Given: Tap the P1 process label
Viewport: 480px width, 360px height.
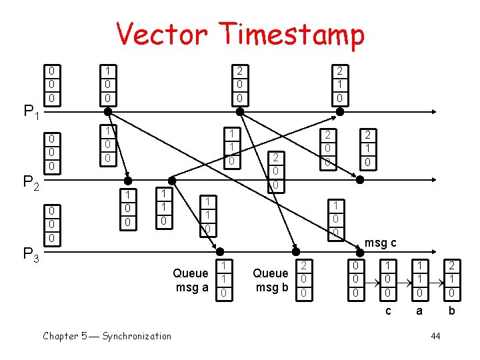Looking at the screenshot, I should click(x=31, y=111).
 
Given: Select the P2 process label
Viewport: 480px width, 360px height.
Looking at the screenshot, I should click(x=31, y=182).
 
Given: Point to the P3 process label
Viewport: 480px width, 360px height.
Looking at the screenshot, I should click(x=31, y=253).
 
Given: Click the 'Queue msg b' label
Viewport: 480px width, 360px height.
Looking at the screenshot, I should click(x=271, y=280).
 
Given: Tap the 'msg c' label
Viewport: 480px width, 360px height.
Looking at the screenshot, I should click(x=381, y=243).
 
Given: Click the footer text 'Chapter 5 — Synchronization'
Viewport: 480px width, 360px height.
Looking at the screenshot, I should click(x=107, y=336).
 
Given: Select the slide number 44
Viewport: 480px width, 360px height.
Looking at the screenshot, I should click(x=435, y=336).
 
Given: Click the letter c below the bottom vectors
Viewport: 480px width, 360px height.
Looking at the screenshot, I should click(x=388, y=310).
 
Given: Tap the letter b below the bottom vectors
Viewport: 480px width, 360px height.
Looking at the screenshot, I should click(x=452, y=310).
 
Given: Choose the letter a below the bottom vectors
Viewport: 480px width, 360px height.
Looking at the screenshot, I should click(x=419, y=310).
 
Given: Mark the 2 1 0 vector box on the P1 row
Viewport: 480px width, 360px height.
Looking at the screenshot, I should click(x=339, y=84).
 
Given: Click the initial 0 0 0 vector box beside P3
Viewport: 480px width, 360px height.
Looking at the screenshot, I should click(x=51, y=224).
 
